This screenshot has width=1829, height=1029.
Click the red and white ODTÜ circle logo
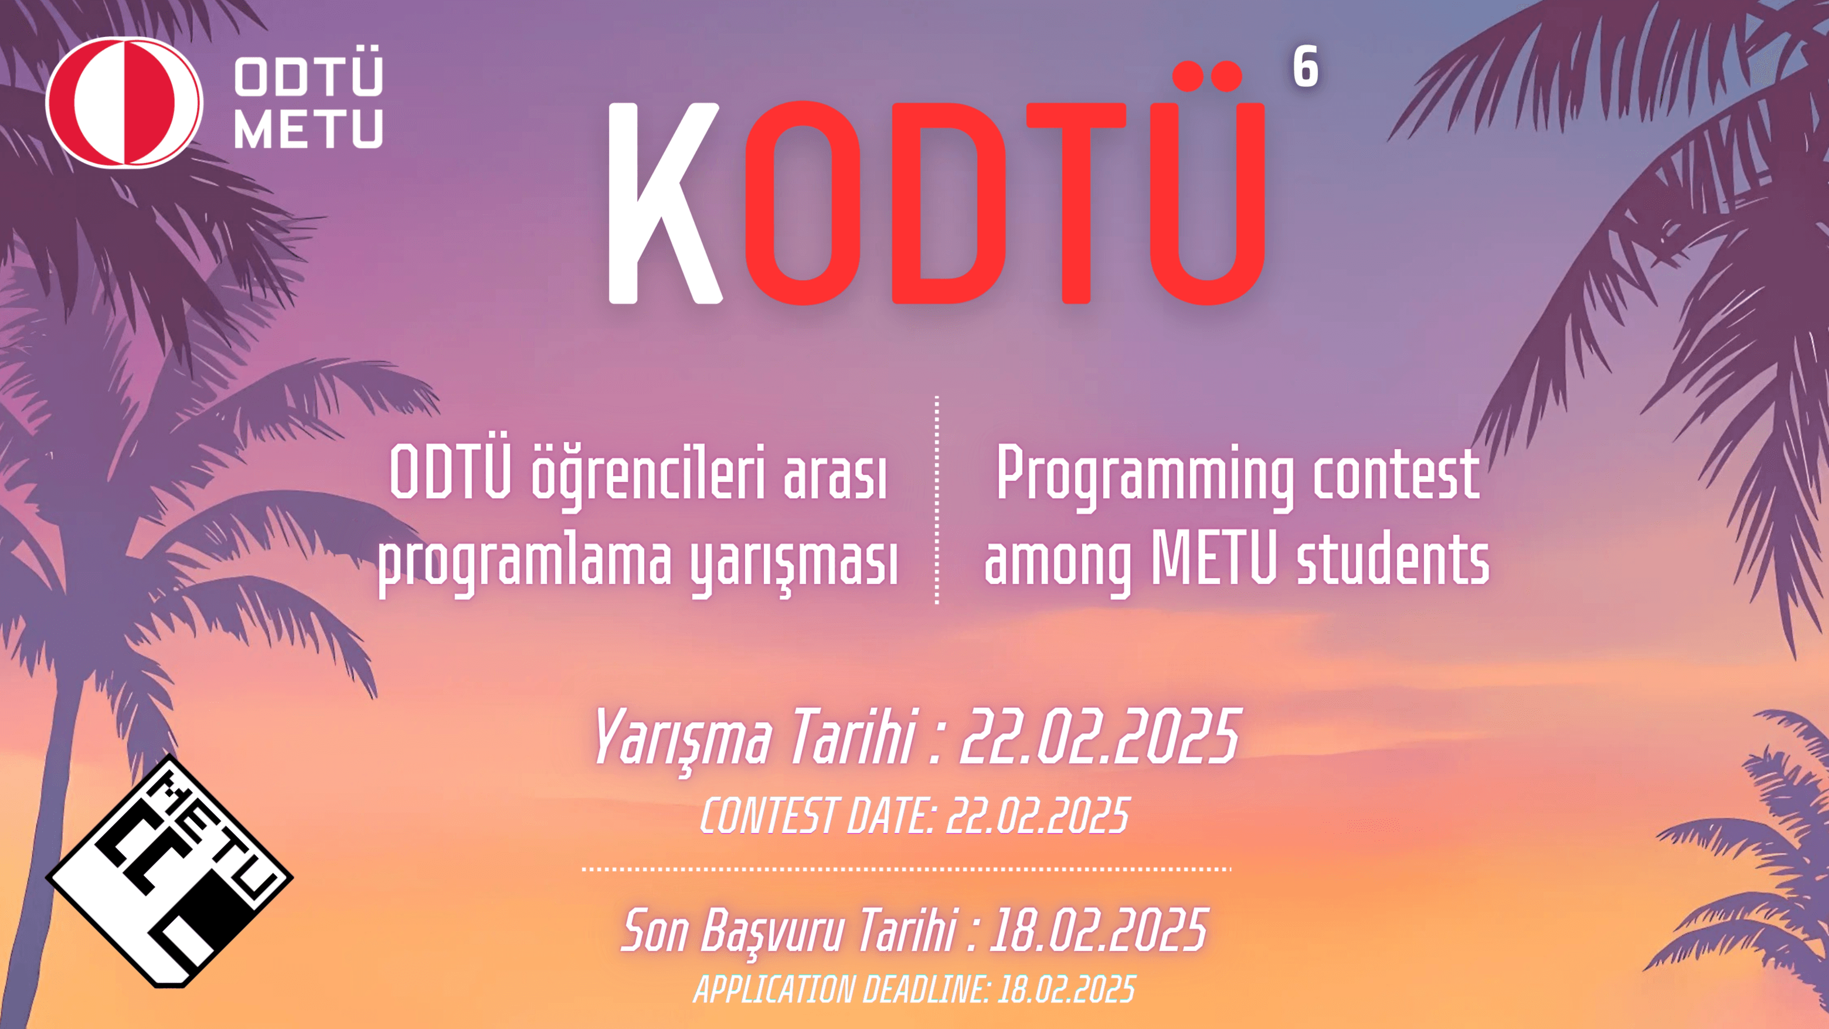[x=124, y=103]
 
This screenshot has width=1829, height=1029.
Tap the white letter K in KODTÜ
[x=664, y=204]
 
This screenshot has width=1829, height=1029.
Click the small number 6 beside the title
[x=1306, y=67]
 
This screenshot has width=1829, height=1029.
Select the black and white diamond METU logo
[x=169, y=871]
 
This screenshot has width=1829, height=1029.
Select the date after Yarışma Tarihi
[x=1100, y=736]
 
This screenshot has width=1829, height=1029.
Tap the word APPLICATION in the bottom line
[x=774, y=989]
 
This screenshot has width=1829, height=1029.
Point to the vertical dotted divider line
[x=937, y=500]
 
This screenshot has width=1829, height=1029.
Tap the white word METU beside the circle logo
[x=309, y=128]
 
